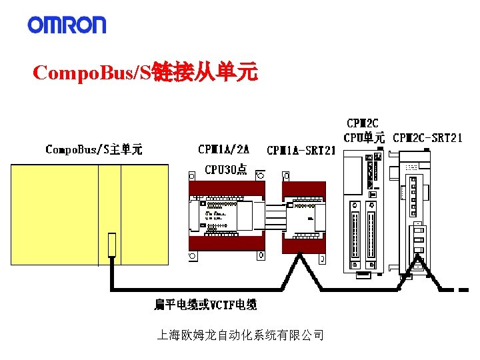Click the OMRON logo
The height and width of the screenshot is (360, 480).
point(67,25)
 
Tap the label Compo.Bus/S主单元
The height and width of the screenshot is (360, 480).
point(93,149)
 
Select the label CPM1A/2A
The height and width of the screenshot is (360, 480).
point(224,149)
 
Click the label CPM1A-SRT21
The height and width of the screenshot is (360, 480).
point(300,151)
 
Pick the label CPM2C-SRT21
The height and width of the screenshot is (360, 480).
point(427,139)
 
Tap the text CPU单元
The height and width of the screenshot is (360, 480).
point(364,139)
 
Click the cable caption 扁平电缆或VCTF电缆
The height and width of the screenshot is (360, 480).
point(205,305)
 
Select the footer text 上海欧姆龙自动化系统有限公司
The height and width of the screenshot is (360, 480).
point(240,335)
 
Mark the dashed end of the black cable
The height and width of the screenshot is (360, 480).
point(460,290)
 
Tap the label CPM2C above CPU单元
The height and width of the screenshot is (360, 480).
point(363,123)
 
